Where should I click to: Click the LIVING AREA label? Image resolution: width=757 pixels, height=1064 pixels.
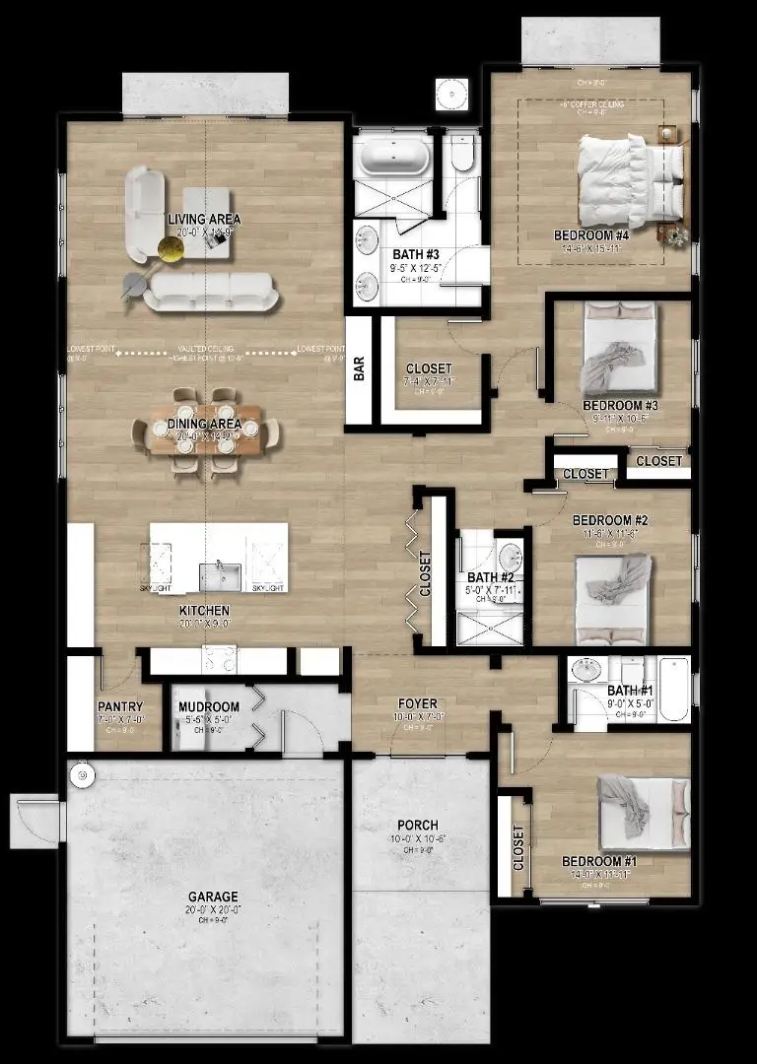[204, 219]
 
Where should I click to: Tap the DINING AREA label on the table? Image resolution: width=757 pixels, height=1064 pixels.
[204, 424]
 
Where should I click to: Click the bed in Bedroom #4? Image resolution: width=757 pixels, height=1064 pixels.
[629, 180]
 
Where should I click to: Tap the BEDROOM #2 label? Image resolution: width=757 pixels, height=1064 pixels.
[610, 520]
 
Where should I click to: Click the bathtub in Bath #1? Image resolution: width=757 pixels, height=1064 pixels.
[673, 689]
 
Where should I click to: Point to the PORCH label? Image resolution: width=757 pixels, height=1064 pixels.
[418, 825]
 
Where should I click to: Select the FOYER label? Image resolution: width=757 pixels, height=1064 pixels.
[418, 704]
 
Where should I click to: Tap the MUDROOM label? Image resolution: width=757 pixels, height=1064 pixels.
[209, 707]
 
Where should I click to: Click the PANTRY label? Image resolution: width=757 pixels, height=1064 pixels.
[120, 706]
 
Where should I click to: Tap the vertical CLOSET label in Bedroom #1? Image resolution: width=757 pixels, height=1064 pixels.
[518, 847]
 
